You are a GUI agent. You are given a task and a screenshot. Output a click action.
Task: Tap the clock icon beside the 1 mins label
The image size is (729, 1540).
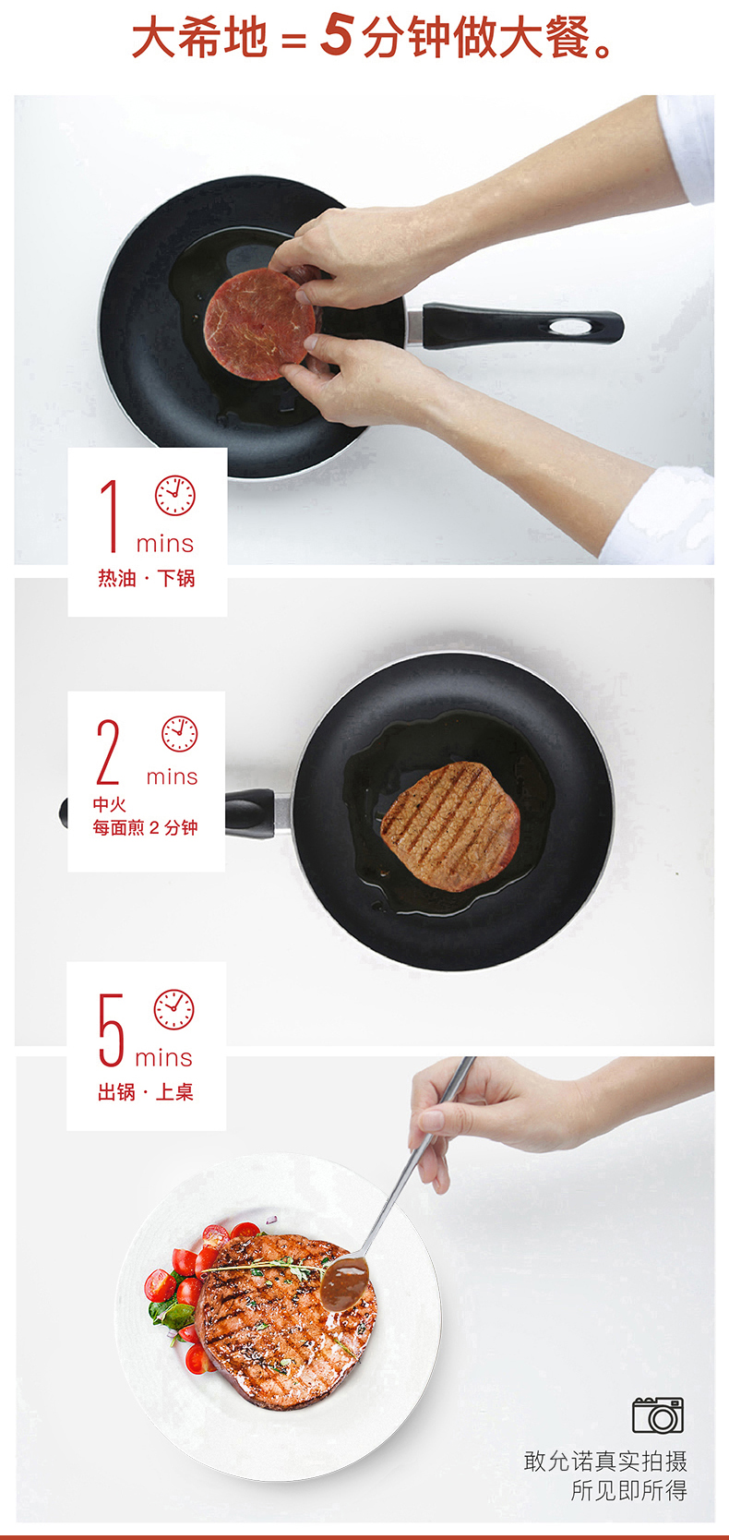(x=174, y=495)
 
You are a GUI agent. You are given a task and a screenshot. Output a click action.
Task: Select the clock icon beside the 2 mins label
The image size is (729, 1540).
(x=179, y=734)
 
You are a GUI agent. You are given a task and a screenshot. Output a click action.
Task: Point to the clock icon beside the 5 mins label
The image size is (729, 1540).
(x=173, y=1009)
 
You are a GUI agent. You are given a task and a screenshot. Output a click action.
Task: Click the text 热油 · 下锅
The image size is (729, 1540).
(x=147, y=578)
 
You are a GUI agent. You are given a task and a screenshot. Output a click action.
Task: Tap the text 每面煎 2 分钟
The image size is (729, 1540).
(x=145, y=827)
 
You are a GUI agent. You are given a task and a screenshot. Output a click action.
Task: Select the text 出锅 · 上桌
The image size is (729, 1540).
(x=146, y=1091)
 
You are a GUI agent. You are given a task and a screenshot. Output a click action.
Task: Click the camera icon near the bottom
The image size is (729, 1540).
(x=658, y=1414)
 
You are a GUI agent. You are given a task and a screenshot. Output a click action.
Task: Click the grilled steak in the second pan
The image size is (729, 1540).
(x=450, y=825)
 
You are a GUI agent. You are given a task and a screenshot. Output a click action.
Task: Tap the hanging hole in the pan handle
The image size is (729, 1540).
(x=570, y=327)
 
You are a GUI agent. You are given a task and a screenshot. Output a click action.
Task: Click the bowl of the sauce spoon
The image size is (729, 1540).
(x=345, y=1283)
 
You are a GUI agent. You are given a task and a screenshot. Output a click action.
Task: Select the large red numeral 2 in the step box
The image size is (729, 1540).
(x=108, y=752)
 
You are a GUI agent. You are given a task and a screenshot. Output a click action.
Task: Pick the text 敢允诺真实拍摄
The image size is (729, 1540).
(x=605, y=1461)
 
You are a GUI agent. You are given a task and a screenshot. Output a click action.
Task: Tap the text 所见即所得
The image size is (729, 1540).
(x=628, y=1490)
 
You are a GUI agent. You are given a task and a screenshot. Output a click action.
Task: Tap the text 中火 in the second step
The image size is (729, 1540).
(x=109, y=803)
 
